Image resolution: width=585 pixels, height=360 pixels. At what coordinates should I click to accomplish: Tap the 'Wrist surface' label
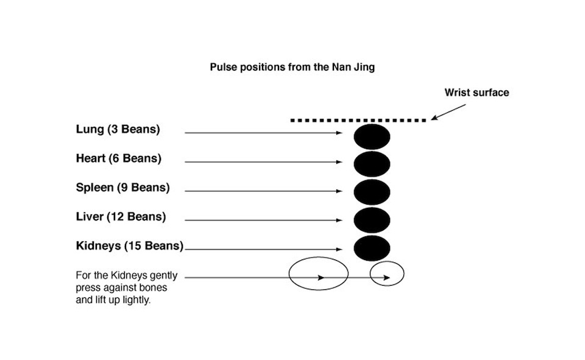pos(476,93)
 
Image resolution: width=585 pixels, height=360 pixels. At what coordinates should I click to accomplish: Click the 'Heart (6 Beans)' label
pos(118,159)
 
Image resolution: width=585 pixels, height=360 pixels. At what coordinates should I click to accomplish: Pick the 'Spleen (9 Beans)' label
pos(122,188)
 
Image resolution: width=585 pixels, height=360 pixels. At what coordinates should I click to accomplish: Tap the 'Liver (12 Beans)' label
pos(121,217)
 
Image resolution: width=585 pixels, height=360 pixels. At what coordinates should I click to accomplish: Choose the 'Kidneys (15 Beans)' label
pos(130,247)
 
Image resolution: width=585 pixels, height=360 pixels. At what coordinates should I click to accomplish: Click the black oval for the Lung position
pos(372,136)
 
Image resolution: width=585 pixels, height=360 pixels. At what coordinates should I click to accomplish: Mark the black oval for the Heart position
pos(372,163)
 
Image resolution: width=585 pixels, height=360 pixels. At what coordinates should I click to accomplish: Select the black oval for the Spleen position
pos(372,191)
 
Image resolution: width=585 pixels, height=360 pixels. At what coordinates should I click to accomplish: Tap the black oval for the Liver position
pos(372,220)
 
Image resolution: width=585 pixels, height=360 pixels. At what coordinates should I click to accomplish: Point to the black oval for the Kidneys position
pos(372,248)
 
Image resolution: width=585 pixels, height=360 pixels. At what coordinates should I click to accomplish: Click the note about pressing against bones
pos(127,288)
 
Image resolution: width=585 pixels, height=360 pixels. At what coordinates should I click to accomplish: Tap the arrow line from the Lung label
pos(262,132)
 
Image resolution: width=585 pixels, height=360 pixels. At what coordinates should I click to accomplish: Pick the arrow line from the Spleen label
pos(262,191)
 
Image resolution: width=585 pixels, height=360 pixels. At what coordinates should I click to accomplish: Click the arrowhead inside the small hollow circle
pos(386,278)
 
